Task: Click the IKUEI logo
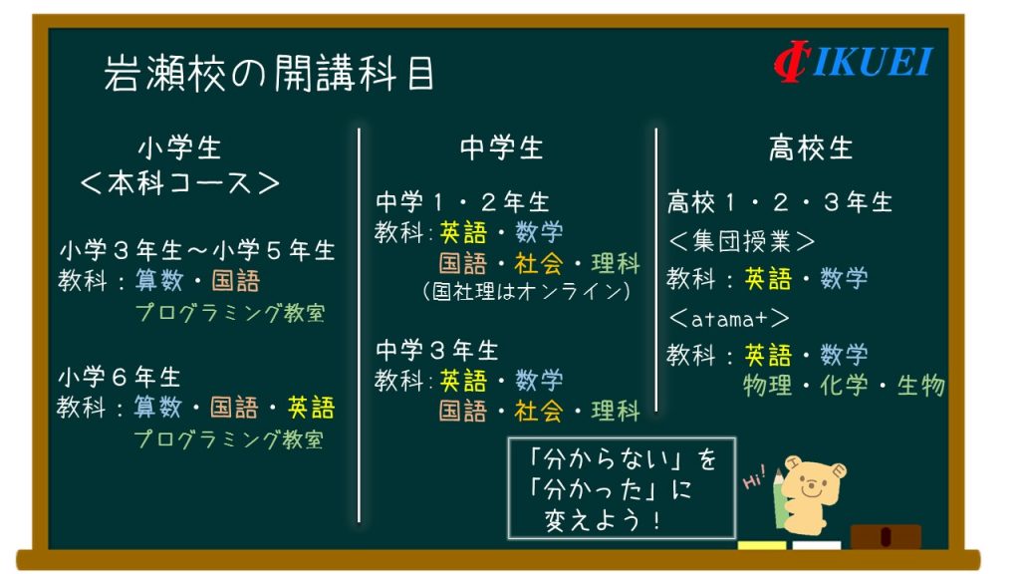853,62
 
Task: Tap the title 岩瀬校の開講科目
269,73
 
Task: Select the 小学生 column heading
179,147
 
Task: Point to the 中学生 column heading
501,147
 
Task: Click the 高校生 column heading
810,147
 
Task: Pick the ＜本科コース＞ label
179,183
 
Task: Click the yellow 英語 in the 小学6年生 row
311,408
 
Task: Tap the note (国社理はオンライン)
526,290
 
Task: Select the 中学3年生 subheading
437,350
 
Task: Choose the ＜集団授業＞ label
741,241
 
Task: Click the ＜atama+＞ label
728,318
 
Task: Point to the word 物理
768,386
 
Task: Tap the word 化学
844,386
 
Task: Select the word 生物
920,386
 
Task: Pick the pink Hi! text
755,477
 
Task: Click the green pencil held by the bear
780,500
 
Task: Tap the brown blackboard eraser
886,537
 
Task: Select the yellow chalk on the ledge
762,545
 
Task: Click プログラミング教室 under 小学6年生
229,439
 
